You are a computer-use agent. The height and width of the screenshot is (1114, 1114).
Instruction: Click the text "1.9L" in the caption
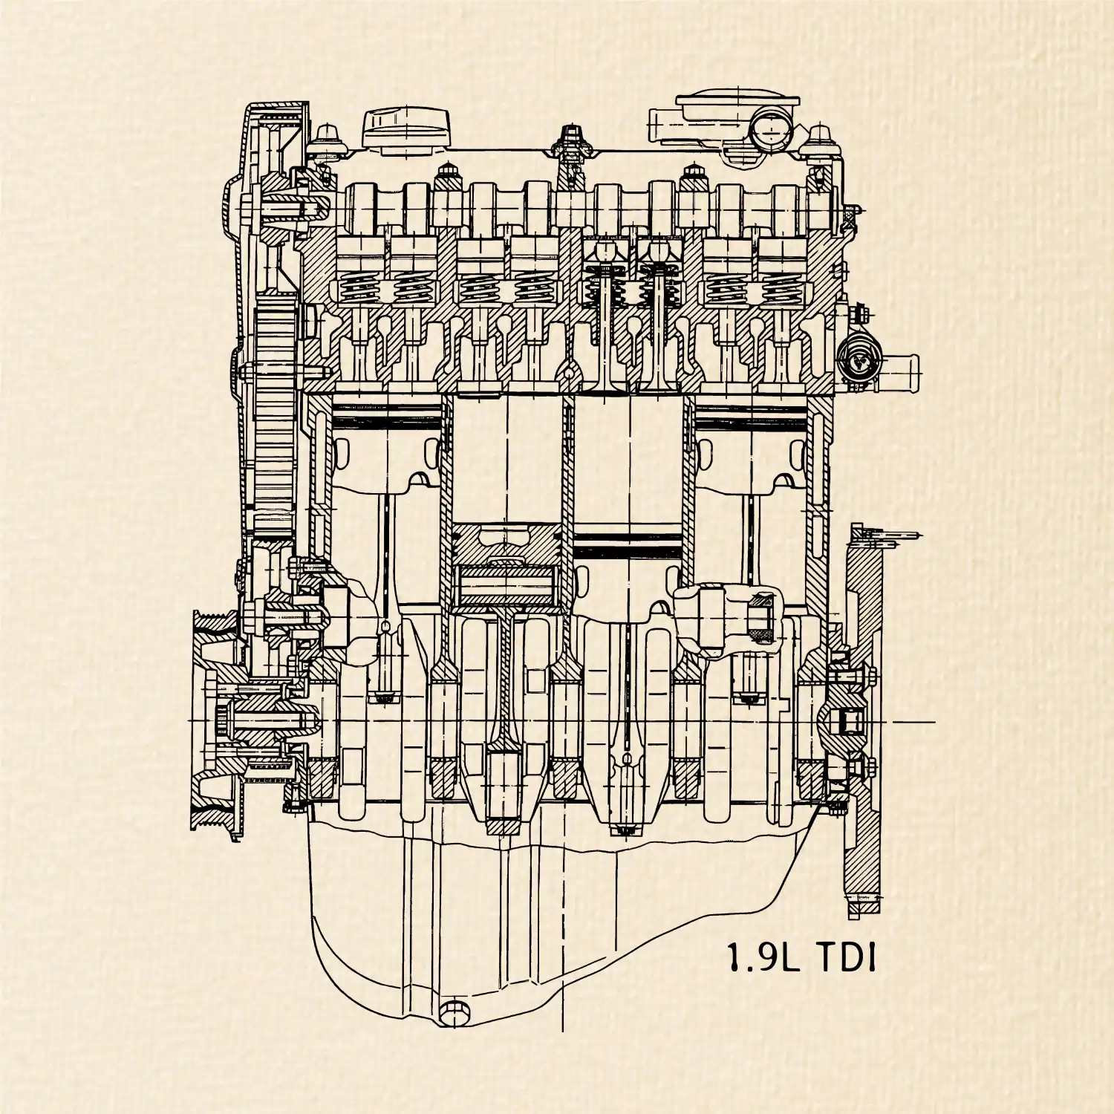[763, 958]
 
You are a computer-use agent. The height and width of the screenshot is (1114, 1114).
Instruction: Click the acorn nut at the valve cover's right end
[821, 138]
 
